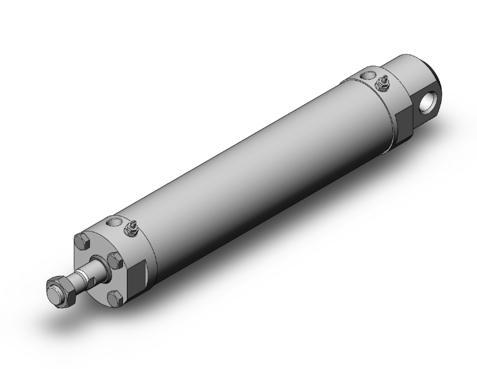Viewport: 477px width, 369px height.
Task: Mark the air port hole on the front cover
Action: [114, 222]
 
